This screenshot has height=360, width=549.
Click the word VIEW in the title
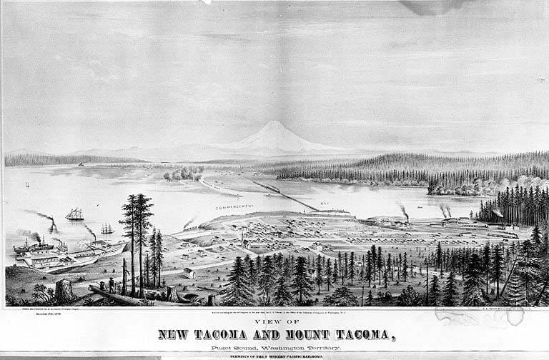click(x=274, y=323)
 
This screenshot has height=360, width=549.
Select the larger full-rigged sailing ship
click(x=74, y=214)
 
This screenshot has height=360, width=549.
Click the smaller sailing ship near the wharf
click(x=107, y=229)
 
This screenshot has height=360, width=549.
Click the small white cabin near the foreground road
click(x=189, y=272)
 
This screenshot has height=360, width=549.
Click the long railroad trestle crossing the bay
click(x=286, y=194)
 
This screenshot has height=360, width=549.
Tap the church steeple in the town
click(x=242, y=234)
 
